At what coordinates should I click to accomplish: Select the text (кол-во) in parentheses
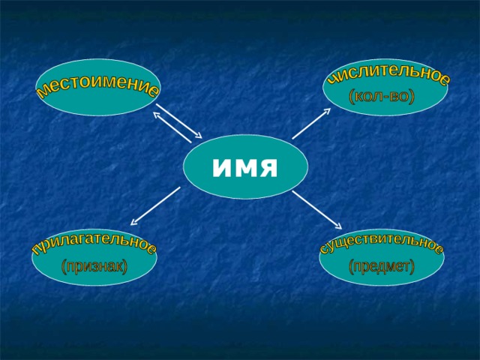pyautogui.click(x=382, y=97)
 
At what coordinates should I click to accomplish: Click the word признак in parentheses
pyautogui.click(x=94, y=267)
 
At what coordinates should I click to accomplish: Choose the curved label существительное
pyautogui.click(x=381, y=241)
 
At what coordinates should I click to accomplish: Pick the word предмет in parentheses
pyautogui.click(x=382, y=266)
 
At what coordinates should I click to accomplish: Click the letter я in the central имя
pyautogui.click(x=267, y=168)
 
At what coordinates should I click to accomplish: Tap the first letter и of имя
pyautogui.click(x=221, y=168)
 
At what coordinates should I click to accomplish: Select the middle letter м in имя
pyautogui.click(x=243, y=168)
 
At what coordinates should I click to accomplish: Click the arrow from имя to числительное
pyautogui.click(x=311, y=123)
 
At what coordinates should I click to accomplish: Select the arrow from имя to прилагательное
pyautogui.click(x=155, y=206)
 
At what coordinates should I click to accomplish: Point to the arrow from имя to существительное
pyautogui.click(x=316, y=210)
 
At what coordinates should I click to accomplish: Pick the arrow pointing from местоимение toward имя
pyautogui.click(x=179, y=121)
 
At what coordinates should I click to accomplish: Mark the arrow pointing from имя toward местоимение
pyautogui.click(x=172, y=127)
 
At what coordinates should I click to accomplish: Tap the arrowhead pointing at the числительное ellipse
pyautogui.click(x=328, y=110)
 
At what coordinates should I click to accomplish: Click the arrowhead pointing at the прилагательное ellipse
pyautogui.click(x=133, y=223)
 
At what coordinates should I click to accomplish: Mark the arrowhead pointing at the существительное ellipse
pyautogui.click(x=338, y=226)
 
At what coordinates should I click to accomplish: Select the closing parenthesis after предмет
pyautogui.click(x=412, y=267)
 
